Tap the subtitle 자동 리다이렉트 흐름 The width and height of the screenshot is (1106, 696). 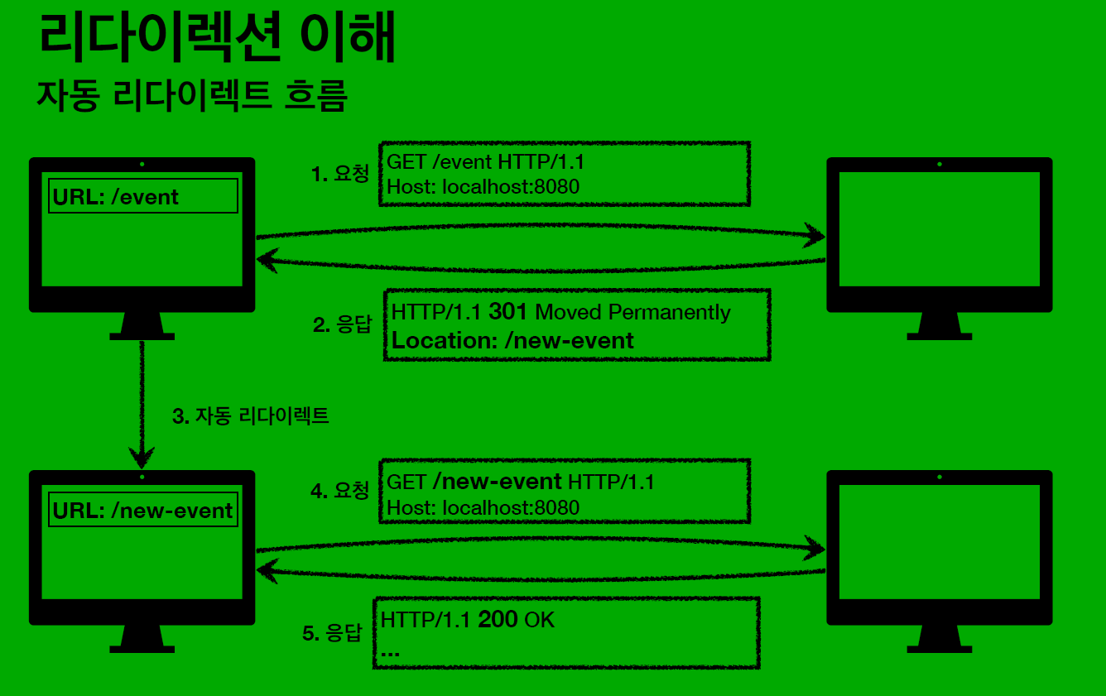click(x=192, y=96)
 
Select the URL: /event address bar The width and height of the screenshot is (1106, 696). click(x=143, y=196)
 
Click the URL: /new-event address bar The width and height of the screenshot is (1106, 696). click(x=143, y=510)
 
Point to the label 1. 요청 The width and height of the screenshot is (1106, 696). click(x=340, y=174)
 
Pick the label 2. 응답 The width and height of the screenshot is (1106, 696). click(x=344, y=324)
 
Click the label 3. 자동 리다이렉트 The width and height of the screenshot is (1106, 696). click(x=251, y=415)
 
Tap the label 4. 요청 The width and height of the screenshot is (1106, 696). click(x=340, y=491)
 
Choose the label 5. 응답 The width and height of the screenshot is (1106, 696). click(x=333, y=633)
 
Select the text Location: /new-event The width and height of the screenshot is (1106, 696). click(x=512, y=340)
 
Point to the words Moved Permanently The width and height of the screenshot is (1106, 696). click(x=633, y=312)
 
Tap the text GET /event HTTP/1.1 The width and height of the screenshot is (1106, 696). click(x=491, y=161)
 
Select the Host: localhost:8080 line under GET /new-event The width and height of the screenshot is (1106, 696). click(x=483, y=507)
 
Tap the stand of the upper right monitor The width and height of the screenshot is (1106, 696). click(x=940, y=325)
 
